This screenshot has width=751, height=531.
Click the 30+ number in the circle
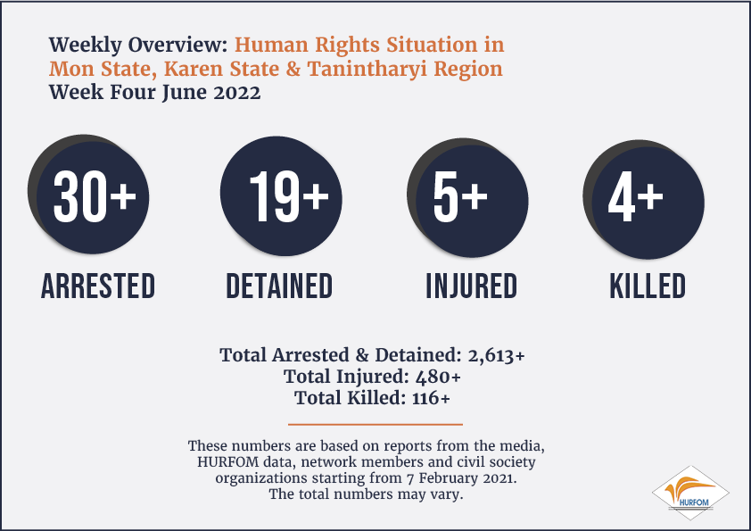95,196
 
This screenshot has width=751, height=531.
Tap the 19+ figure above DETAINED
289,196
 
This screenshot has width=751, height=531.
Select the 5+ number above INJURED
460,196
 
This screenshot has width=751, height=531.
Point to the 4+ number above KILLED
636,196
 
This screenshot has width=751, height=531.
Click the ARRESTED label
98,286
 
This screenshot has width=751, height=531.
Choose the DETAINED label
279,286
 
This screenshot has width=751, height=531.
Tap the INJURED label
472,286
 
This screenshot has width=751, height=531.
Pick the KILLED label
648,286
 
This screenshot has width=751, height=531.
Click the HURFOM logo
690,493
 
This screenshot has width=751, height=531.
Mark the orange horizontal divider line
375,424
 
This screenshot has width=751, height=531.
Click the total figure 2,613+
496,355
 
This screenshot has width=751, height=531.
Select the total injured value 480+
438,377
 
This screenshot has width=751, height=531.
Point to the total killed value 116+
431,398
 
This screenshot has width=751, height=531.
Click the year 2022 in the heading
237,92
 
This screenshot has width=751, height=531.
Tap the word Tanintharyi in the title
367,69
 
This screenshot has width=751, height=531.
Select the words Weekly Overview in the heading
138,45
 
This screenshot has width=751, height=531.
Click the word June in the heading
184,93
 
